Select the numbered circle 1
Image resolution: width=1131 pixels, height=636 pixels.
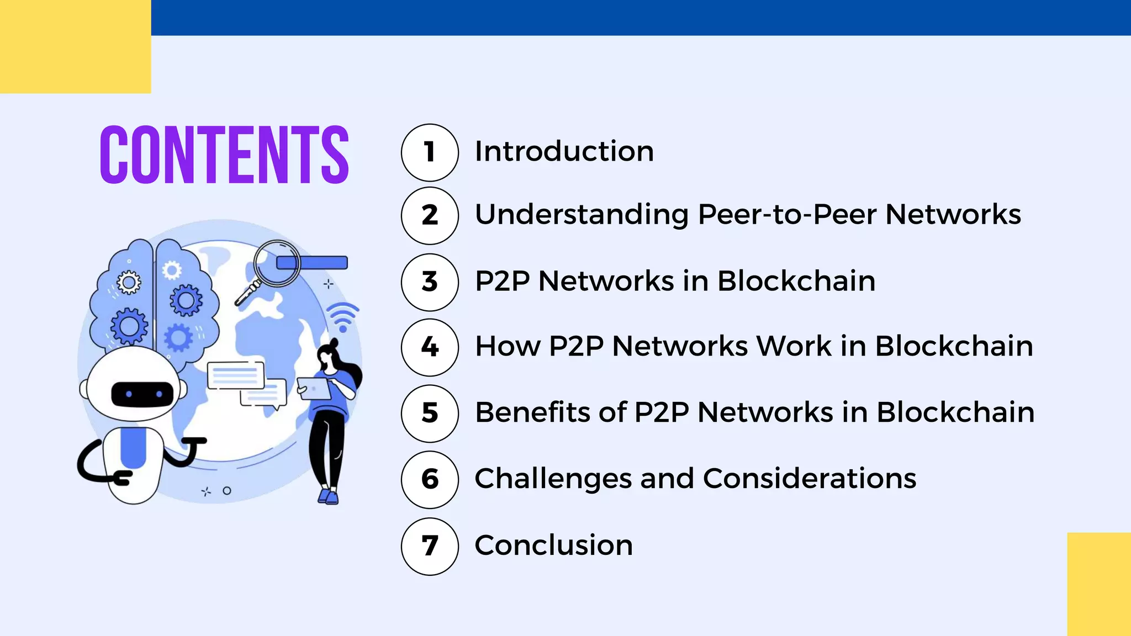coord(430,152)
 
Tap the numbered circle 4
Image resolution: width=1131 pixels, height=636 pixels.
coord(430,347)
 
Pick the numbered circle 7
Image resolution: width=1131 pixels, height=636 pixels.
coord(430,546)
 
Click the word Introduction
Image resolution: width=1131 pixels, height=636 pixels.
coord(564,151)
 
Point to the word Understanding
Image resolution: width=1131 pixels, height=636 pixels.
coord(582,215)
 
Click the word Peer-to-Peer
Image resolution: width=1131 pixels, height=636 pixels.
coord(787,214)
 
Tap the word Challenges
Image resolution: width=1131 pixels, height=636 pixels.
coord(553,479)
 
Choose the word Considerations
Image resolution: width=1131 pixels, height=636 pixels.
coord(809,479)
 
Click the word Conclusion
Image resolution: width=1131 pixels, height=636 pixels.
coord(553,545)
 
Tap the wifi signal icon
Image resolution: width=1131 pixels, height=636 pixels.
coord(342,317)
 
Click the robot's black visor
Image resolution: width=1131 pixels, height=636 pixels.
coord(142,394)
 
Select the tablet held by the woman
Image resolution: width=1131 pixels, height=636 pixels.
coord(314,388)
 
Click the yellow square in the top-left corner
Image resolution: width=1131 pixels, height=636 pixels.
coord(75,46)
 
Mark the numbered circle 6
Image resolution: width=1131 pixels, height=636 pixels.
coord(430,479)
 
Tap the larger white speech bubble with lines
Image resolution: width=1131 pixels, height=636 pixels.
coord(236,375)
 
